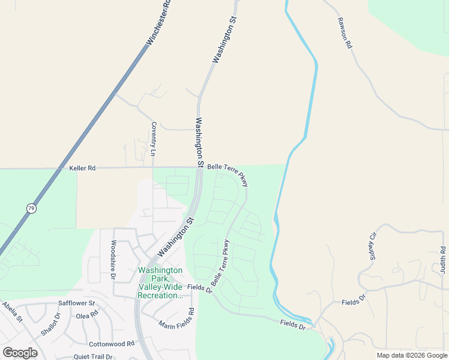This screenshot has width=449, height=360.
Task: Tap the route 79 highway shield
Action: pyautogui.click(x=31, y=208)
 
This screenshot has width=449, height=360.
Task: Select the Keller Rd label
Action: pyautogui.click(x=82, y=169)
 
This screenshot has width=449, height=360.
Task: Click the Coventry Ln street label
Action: pyautogui.click(x=154, y=139)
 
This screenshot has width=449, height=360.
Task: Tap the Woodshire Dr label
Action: pyautogui.click(x=112, y=260)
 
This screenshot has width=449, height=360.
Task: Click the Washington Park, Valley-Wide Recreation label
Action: pyautogui.click(x=160, y=283)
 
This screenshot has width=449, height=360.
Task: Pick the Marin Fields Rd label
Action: pyautogui.click(x=178, y=320)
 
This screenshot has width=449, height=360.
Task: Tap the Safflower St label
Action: pyautogui.click(x=76, y=304)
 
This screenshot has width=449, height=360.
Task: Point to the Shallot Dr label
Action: pyautogui.click(x=51, y=324)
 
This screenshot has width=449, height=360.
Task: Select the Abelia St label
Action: pyautogui.click(x=12, y=312)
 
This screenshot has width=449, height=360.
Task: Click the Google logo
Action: pyautogui.click(x=20, y=353)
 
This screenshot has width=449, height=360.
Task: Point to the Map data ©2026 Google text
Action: pyautogui.click(x=412, y=355)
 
